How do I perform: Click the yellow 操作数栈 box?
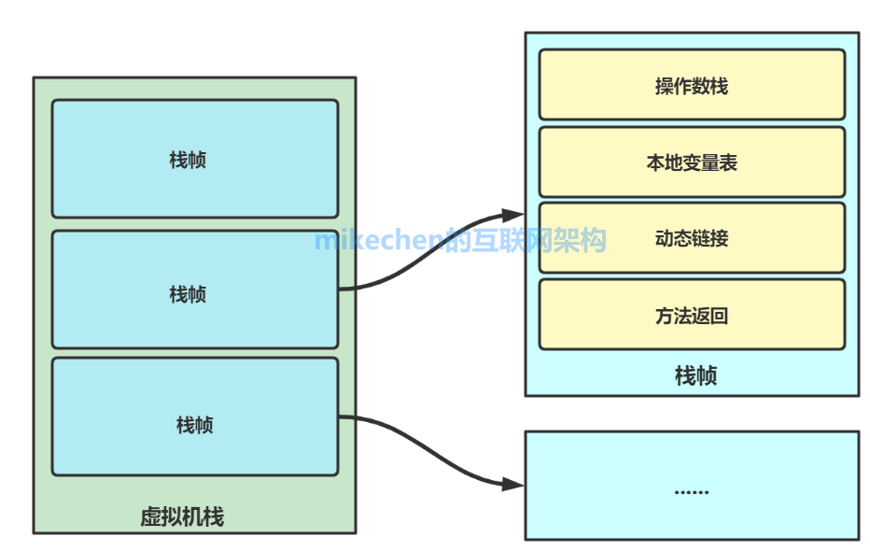coord(692,85)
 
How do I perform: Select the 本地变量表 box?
coord(692,162)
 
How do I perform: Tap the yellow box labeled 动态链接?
coord(692,238)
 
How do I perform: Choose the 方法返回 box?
coord(692,316)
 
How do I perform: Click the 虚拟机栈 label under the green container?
coord(182,516)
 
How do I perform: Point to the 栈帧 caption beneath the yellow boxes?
coord(695,376)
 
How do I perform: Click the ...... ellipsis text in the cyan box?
coord(692,490)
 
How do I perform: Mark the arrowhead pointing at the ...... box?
coord(514,484)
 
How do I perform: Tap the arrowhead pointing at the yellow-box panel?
coord(514,215)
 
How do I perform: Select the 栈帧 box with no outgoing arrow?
coord(195,159)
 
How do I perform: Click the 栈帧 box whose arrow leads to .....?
coord(195,425)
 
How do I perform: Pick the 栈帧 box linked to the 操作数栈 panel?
coord(195,293)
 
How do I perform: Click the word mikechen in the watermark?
coord(378,240)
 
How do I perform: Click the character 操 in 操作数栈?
coord(664,86)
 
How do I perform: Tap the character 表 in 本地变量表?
coord(728,162)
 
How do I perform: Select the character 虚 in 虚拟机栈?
coord(150,516)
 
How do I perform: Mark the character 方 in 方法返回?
coord(664,317)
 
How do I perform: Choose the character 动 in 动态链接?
coord(664,239)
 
